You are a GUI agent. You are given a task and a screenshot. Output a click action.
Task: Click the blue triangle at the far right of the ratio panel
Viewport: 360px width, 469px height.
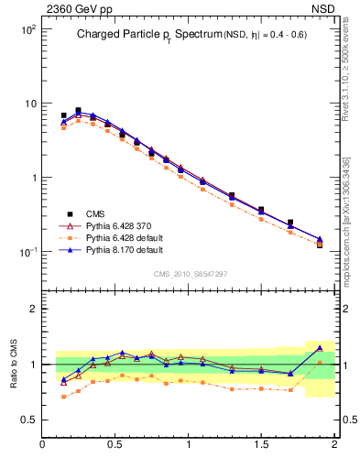pyautogui.click(x=320, y=348)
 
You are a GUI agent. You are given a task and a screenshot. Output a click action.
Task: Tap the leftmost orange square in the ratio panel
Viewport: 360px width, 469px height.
pyautogui.click(x=63, y=397)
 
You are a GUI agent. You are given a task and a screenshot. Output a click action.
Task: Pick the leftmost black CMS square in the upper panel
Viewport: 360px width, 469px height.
pyautogui.click(x=63, y=115)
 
